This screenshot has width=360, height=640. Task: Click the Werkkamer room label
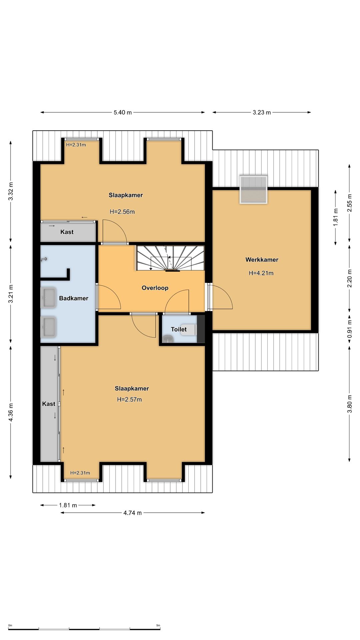coord(262,260)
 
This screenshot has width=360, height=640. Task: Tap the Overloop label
coord(155,288)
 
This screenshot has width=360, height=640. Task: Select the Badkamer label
coord(74,298)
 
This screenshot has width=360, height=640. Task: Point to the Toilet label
coord(179,329)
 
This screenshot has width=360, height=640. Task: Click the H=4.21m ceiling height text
coord(261,273)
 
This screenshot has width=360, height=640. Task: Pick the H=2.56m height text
coord(122,212)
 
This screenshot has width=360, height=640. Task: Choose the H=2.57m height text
coord(129,399)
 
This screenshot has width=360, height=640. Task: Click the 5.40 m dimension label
coord(123,112)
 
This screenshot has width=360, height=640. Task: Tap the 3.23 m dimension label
coord(262,112)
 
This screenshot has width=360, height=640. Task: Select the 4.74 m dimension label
coord(133,513)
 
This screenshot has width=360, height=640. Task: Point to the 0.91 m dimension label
coord(350,329)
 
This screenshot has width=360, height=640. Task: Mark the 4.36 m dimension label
coord(11,412)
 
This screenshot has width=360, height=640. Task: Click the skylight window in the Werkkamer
coord(254,189)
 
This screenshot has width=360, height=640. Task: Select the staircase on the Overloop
coord(170,258)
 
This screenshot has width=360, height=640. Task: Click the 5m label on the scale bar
coord(158,625)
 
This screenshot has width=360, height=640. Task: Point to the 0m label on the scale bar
coord(10,625)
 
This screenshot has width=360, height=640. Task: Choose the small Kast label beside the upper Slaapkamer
coord(67,232)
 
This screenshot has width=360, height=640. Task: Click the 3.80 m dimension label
coord(350,404)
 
